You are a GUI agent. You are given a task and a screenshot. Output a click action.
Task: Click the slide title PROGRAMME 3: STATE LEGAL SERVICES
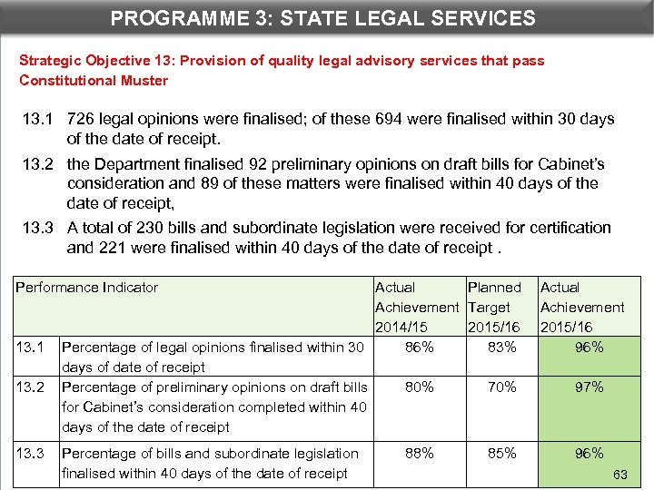pyautogui.click(x=322, y=17)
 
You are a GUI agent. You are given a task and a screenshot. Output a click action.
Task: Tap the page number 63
pyautogui.click(x=620, y=475)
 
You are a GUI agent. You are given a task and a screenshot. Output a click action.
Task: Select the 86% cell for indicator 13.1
pyautogui.click(x=419, y=347)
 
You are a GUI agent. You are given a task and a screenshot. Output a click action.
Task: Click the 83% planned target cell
pyautogui.click(x=500, y=347)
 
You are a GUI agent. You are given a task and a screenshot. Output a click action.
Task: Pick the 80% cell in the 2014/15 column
pyautogui.click(x=419, y=387)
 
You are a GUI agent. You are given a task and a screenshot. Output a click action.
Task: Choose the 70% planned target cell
pyautogui.click(x=500, y=387)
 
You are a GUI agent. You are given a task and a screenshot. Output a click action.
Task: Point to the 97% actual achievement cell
pyautogui.click(x=589, y=387)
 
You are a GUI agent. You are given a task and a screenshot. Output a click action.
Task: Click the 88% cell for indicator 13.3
pyautogui.click(x=419, y=453)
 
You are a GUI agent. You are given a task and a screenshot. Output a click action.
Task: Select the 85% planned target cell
pyautogui.click(x=500, y=453)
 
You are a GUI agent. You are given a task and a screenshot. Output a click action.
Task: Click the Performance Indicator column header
pyautogui.click(x=87, y=288)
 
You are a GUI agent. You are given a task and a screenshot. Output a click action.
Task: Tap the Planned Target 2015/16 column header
pyautogui.click(x=494, y=307)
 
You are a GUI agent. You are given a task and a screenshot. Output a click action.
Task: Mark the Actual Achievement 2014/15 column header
pyautogui.click(x=416, y=307)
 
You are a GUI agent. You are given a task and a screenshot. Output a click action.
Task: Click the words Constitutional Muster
pyautogui.click(x=94, y=80)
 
